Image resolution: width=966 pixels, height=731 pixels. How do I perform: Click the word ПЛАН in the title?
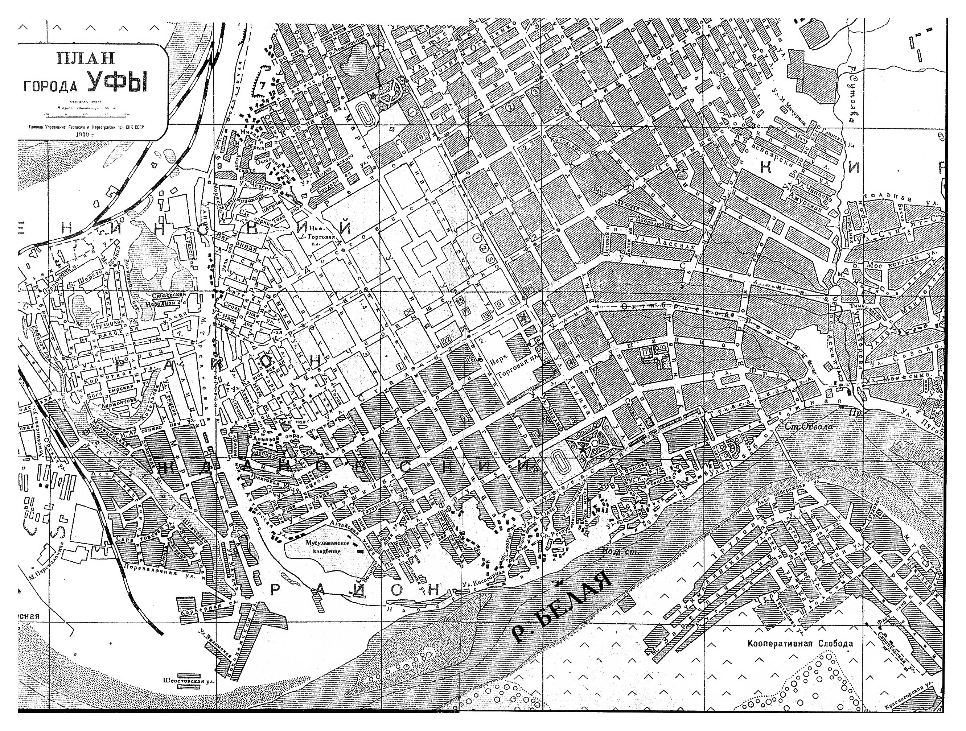(86, 58)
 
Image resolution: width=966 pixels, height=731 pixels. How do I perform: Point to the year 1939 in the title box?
(85, 134)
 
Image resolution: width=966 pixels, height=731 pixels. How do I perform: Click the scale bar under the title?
(85, 115)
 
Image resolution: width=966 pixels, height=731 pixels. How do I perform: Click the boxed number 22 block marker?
(446, 340)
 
